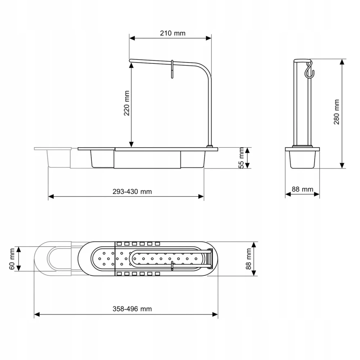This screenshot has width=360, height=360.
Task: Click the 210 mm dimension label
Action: coord(173,33)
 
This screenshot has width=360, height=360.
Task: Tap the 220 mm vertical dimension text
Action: coord(127,103)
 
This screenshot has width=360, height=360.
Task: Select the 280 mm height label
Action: coord(336,112)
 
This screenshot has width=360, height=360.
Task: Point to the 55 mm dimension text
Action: coord(241,158)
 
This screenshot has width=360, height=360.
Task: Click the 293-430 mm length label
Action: coord(132,192)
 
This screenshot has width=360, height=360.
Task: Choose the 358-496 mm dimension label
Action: coord(132,309)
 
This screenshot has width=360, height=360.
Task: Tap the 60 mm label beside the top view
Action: coord(12,259)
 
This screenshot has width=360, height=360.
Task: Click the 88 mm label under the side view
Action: coord(302,189)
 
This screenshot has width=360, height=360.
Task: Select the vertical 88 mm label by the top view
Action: coord(249,259)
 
